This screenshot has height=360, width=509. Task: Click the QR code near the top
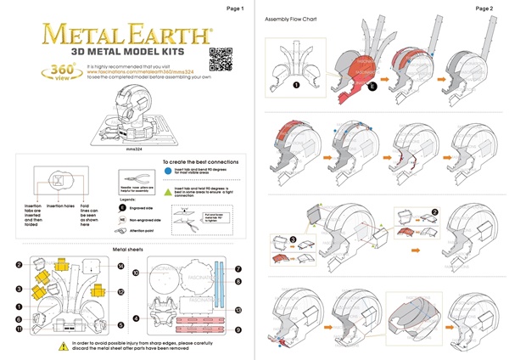[219, 58]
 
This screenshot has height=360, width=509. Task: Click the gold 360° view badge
[64, 71]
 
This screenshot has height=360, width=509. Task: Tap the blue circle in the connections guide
[167, 171]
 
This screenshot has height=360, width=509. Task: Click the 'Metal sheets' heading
[128, 249]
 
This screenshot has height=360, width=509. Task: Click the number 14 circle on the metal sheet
[121, 267]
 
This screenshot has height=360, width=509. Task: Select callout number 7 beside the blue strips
[239, 267]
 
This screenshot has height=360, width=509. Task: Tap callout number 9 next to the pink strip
[239, 329]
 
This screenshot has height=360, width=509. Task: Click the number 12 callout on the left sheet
[121, 292]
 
